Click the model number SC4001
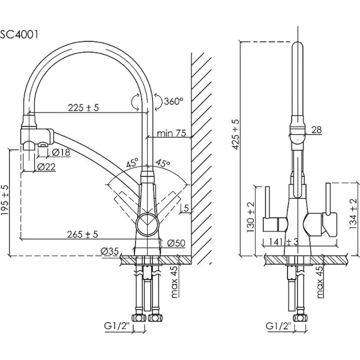click(20, 34)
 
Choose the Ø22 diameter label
click(47, 166)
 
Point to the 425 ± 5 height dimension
click(236, 134)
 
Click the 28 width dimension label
click(317, 130)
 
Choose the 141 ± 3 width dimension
click(284, 242)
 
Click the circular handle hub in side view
click(146, 226)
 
